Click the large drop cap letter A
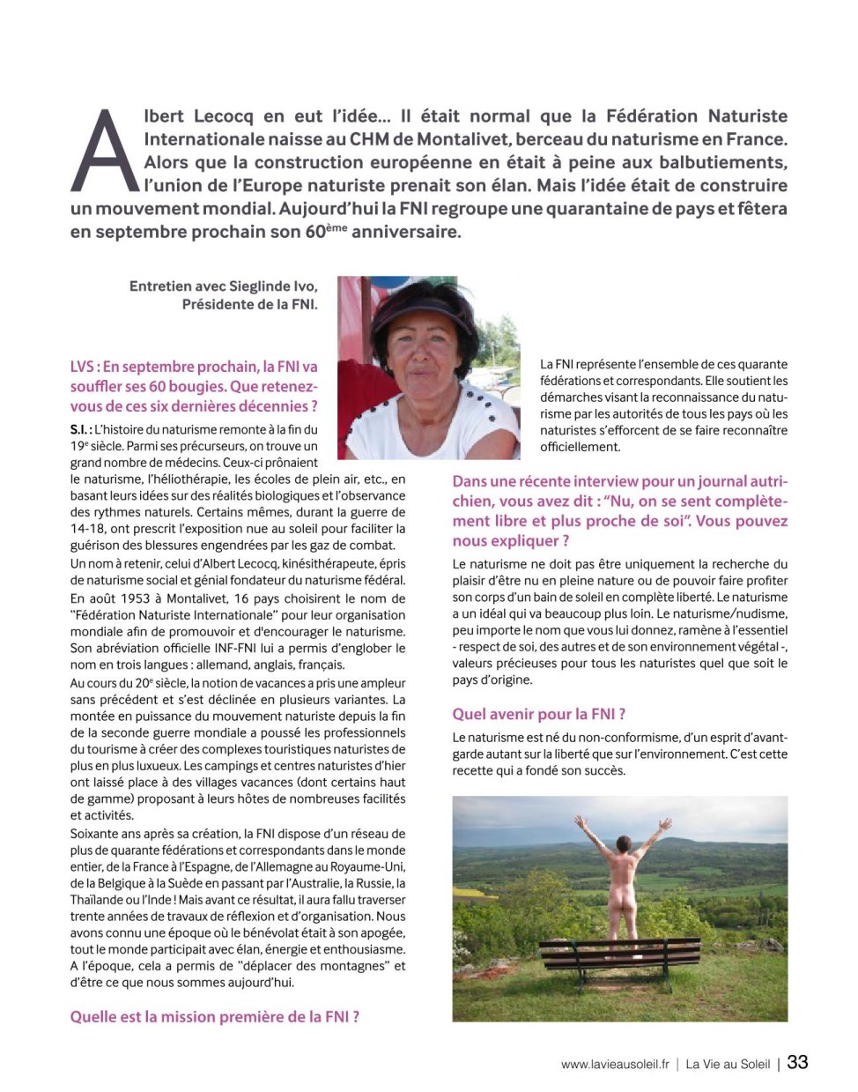pyautogui.click(x=105, y=152)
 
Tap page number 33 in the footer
pyautogui.click(x=797, y=1062)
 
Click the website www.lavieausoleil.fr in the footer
pyautogui.click(x=615, y=1064)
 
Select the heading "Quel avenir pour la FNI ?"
pyautogui.click(x=538, y=714)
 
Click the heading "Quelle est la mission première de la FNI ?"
pyautogui.click(x=214, y=1016)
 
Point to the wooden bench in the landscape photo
pyautogui.click(x=619, y=955)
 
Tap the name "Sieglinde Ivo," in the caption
pyautogui.click(x=273, y=286)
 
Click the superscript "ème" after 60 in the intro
pyautogui.click(x=337, y=228)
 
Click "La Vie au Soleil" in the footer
pyautogui.click(x=728, y=1064)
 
